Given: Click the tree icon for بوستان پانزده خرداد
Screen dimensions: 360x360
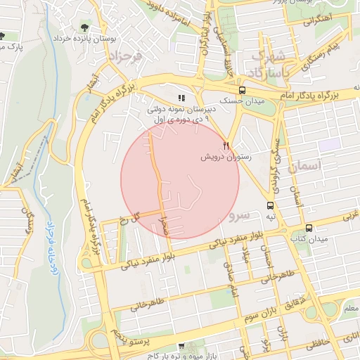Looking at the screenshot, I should (85, 28).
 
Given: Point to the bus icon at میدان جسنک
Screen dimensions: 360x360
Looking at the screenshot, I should (243, 91).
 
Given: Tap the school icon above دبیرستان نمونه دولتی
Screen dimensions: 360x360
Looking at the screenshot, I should (181, 98).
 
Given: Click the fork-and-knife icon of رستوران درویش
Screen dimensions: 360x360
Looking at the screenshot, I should (226, 146).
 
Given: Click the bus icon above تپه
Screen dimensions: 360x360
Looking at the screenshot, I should (271, 205).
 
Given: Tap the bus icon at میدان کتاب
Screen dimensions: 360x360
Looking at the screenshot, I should (309, 229).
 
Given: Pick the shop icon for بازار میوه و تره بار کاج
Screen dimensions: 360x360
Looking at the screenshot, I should (181, 346).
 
